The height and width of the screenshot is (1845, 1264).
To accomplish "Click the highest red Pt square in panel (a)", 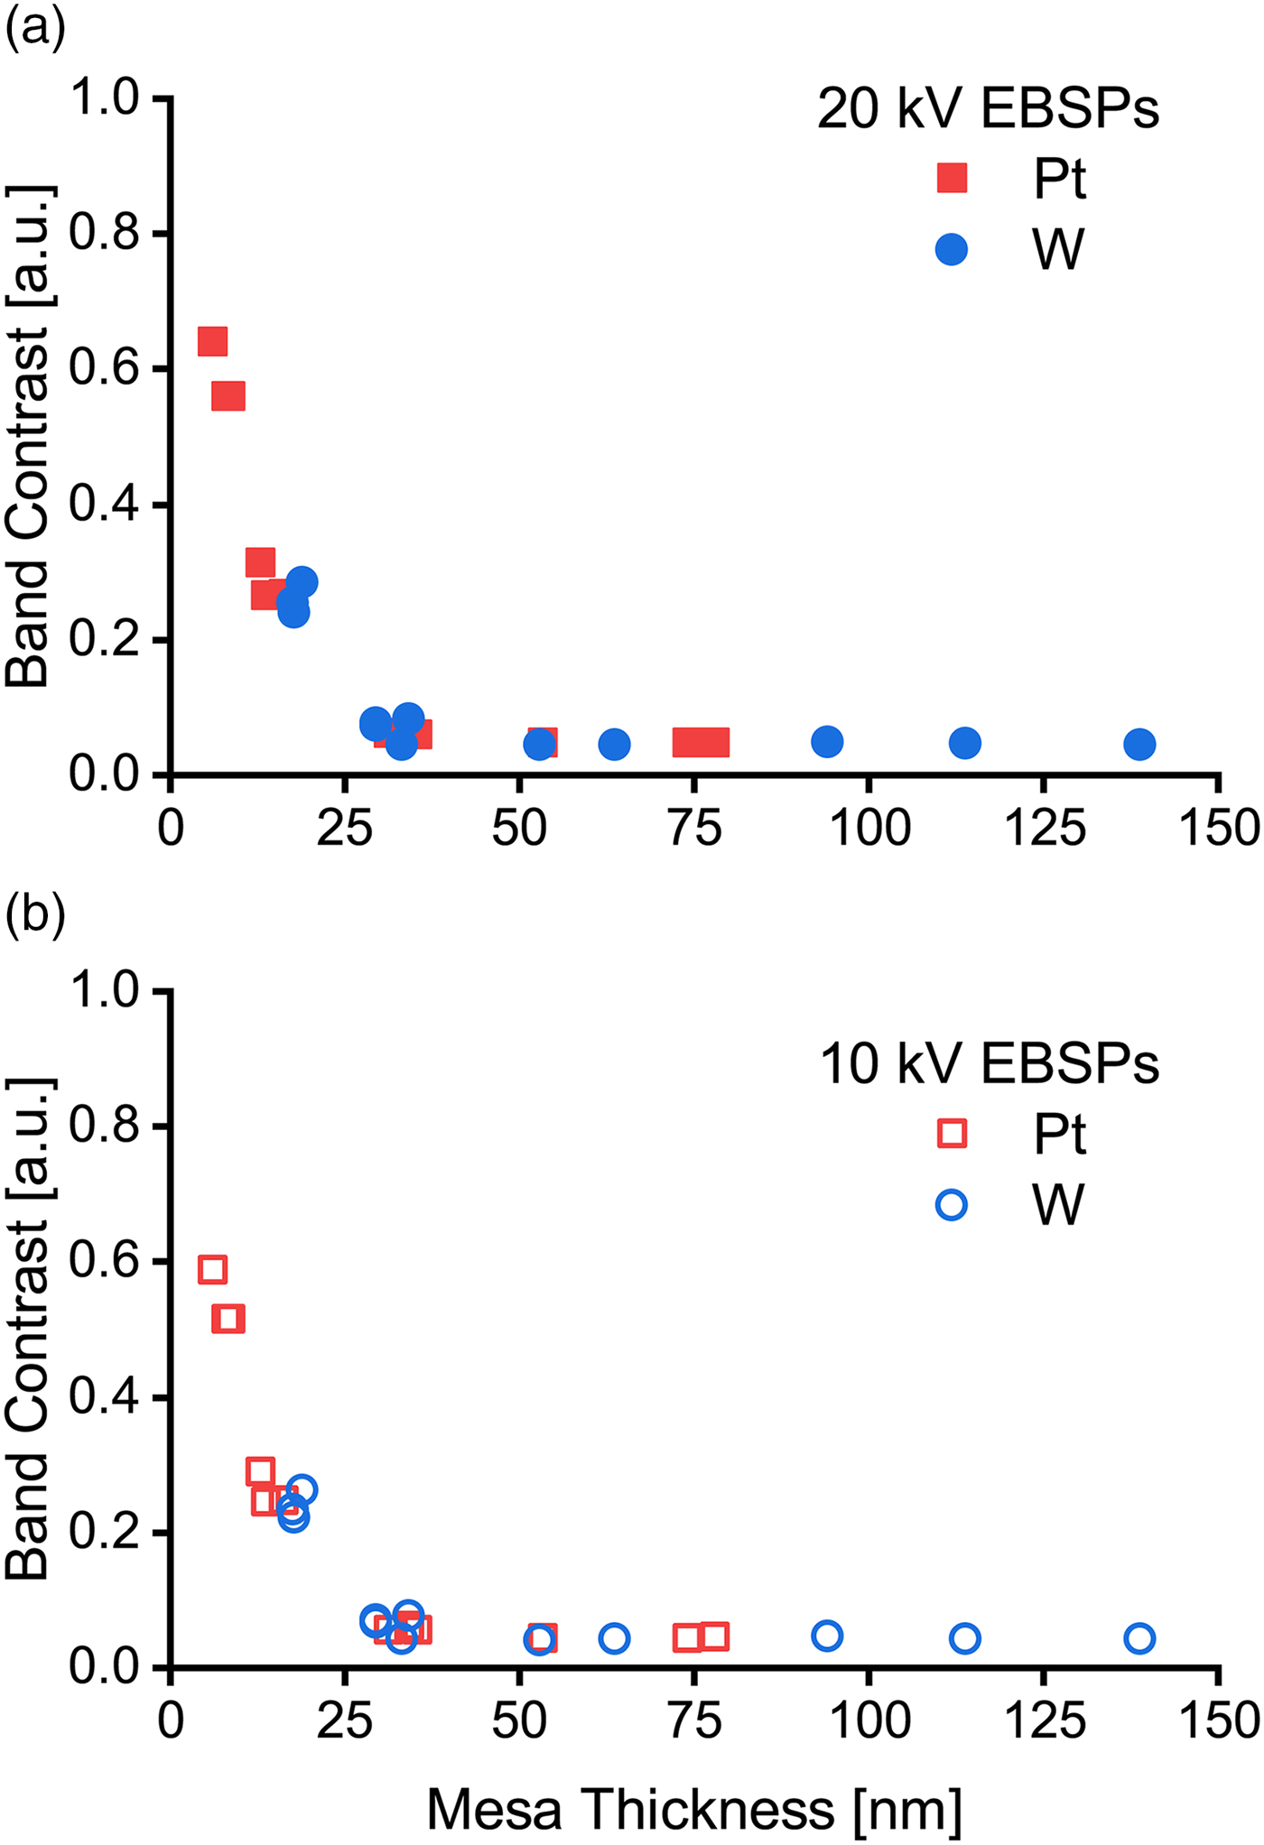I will (212, 341).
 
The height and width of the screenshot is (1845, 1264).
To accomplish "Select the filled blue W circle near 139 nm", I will (1139, 744).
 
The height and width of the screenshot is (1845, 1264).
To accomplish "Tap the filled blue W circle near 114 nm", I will (965, 743).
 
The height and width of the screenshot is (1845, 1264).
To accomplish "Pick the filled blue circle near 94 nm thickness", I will (827, 741).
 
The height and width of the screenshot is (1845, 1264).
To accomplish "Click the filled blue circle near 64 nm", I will (614, 744).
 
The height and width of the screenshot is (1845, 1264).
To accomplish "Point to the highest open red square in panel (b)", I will (212, 1269).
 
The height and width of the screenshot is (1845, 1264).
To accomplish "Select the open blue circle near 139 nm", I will (1139, 1638).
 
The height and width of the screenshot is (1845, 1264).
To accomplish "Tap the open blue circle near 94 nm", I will (827, 1636).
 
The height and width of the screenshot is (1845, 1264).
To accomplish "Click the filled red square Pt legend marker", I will (952, 178).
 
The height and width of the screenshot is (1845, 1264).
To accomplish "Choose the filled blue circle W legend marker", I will (952, 249).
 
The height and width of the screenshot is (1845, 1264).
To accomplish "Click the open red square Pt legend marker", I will (952, 1134).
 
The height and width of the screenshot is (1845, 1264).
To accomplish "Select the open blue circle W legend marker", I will (952, 1204).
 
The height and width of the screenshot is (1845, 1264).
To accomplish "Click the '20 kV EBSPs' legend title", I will (988, 109).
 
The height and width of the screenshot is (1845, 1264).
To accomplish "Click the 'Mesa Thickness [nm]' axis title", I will (693, 1809).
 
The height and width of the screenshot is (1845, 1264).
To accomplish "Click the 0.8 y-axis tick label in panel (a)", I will (105, 234).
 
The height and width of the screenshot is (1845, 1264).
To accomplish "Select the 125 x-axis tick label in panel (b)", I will (1045, 1720).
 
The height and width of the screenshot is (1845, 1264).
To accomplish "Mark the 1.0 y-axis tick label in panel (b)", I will (105, 990).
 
